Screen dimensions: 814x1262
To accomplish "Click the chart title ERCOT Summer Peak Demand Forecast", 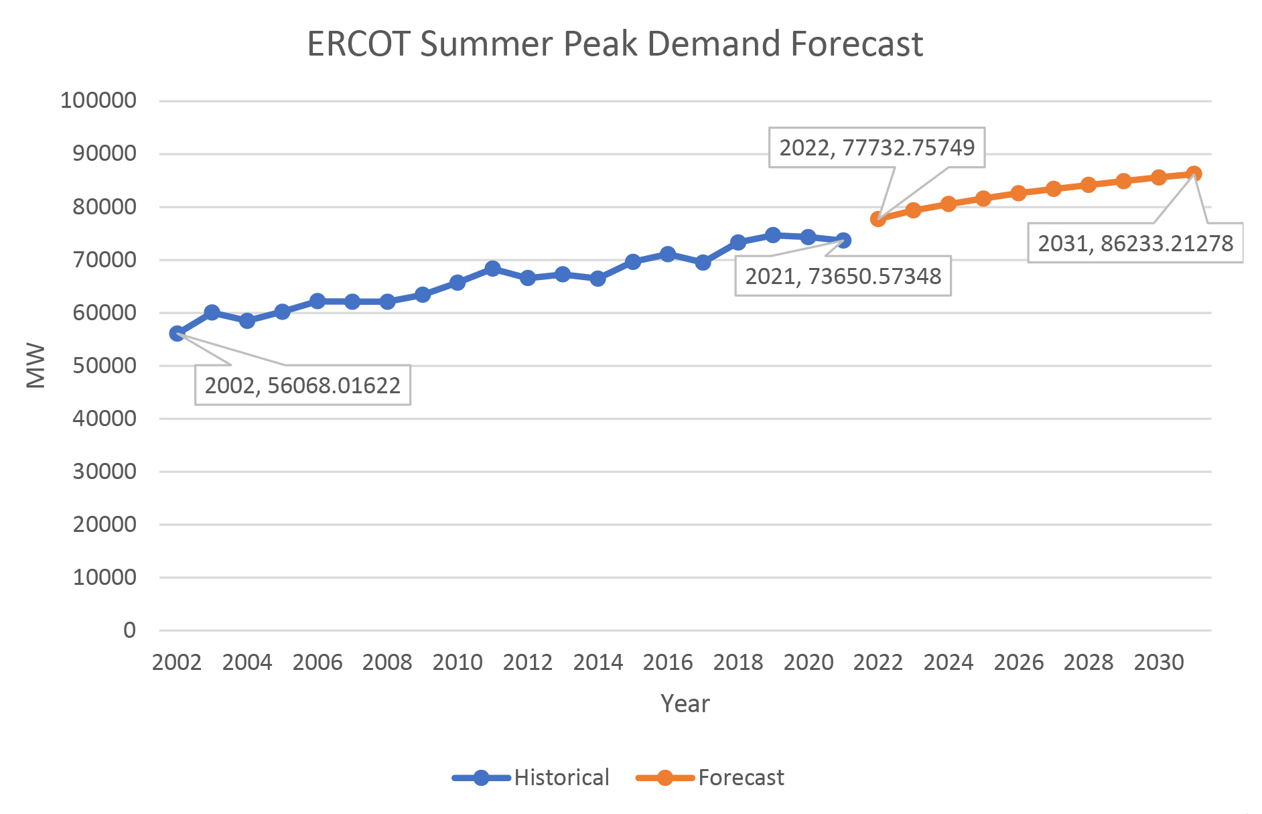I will (x=615, y=44).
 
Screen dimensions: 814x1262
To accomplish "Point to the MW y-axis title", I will (x=36, y=365).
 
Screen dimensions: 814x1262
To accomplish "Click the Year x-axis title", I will (x=685, y=703).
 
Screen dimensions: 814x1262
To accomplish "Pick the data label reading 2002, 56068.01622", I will (x=302, y=385).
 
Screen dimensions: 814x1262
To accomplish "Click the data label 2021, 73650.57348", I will (x=843, y=276).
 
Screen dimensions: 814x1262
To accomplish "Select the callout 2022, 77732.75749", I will (x=876, y=147).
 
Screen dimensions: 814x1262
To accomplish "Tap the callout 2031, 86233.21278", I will (x=1135, y=243).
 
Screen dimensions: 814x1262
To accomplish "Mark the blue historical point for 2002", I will (x=178, y=333).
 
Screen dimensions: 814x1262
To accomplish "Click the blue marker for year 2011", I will (x=492, y=269).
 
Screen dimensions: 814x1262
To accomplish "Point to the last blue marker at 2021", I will (x=843, y=240).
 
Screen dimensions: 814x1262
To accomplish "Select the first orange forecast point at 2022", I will (x=878, y=218).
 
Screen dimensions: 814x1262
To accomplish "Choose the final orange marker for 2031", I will (x=1194, y=174).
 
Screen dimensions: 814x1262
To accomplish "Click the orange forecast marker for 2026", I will (x=1018, y=193).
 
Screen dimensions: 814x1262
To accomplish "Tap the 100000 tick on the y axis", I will (x=98, y=100).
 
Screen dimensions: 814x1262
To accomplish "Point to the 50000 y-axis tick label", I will (x=104, y=366).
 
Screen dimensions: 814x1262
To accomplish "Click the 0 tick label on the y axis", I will (x=129, y=630).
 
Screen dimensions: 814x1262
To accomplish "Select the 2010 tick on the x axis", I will (x=458, y=663).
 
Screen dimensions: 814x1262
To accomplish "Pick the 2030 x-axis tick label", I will (x=1159, y=663).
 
